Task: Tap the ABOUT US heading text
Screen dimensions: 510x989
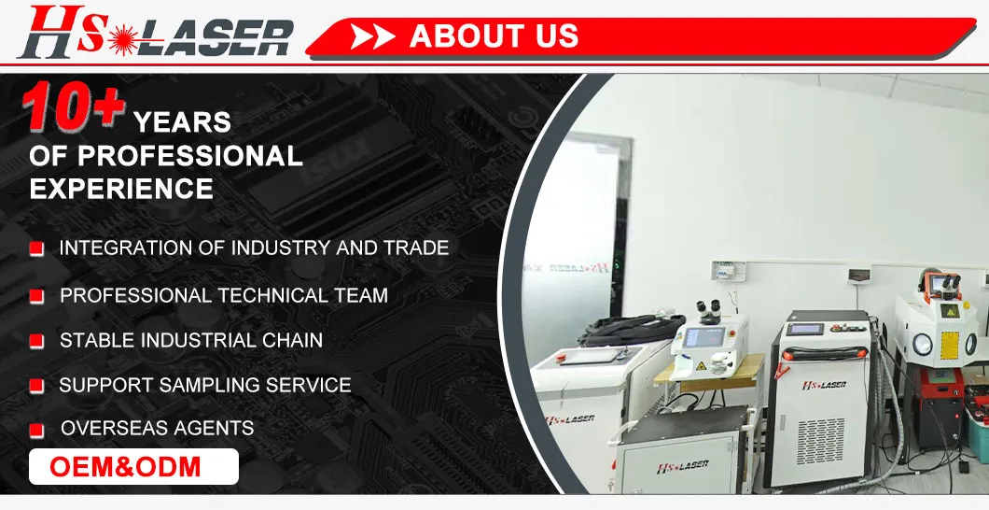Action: [494, 36]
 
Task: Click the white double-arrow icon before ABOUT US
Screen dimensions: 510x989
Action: [373, 37]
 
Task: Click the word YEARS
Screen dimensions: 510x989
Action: [182, 121]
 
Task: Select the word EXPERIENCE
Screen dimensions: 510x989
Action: [121, 188]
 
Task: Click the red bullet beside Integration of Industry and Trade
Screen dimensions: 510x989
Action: [36, 249]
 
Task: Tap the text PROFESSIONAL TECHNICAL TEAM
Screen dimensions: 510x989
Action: [224, 295]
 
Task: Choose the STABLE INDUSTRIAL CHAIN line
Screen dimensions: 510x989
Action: [191, 340]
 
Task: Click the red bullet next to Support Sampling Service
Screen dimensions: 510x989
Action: [36, 386]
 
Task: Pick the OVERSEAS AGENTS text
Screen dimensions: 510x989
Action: [157, 428]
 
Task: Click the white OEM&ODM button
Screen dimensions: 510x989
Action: [133, 466]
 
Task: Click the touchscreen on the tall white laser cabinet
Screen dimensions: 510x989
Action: [815, 330]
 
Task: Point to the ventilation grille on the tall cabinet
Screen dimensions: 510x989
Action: [820, 440]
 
